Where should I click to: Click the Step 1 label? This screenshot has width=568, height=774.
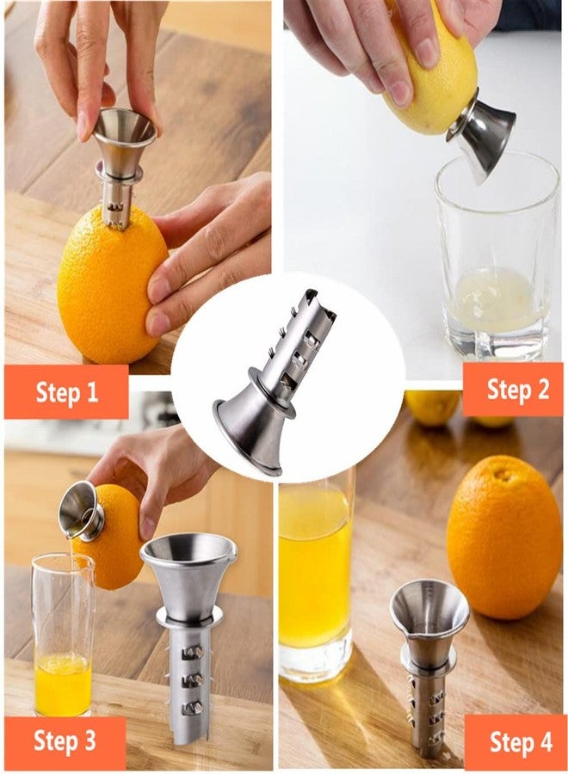66,392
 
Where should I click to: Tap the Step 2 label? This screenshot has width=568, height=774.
518,389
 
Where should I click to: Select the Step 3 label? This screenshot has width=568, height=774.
65,740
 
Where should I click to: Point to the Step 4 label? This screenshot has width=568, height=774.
521,742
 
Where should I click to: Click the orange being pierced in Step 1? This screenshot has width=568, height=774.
112,284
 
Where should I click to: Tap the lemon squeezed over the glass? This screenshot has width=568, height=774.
429,69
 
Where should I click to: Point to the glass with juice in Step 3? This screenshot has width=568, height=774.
63,635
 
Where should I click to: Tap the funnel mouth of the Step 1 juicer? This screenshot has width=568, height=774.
125,126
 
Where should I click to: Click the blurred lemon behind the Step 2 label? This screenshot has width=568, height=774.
433,408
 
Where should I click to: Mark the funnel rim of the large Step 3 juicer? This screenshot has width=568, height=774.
188,548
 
